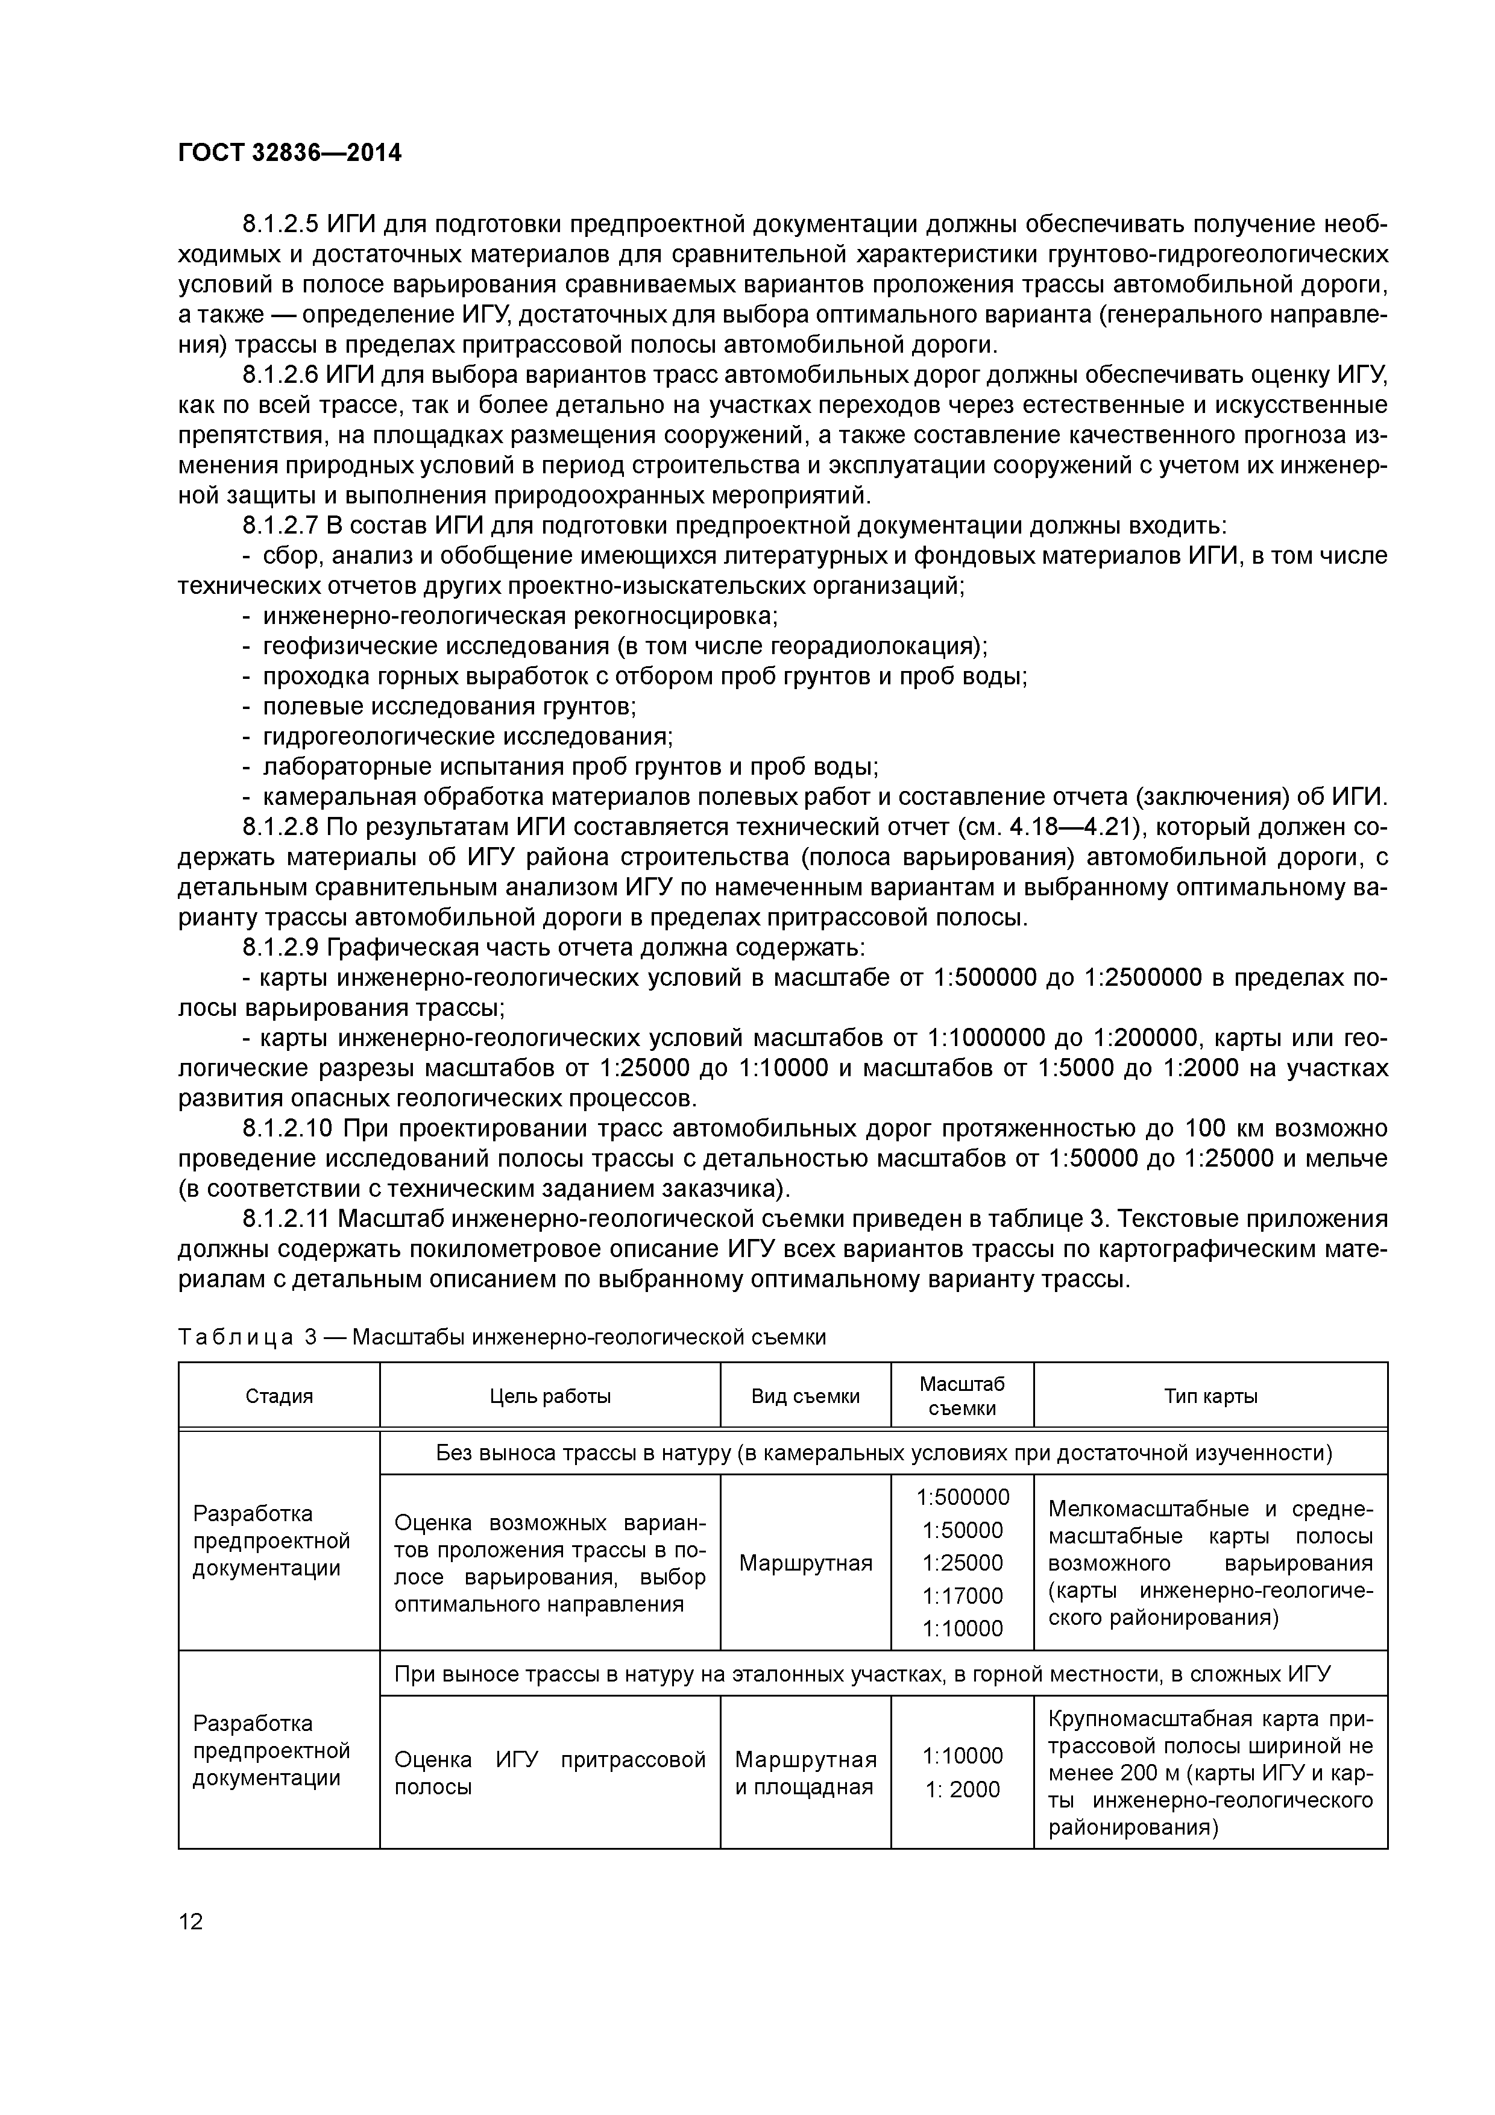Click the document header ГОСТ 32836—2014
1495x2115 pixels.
[289, 154]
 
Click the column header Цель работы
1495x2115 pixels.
[550, 1396]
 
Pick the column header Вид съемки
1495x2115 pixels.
[805, 1396]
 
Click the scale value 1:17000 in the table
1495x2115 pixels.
[963, 1595]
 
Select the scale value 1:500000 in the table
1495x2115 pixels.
[963, 1498]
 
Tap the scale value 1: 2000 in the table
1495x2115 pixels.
[963, 1790]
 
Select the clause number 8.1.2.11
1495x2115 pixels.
[286, 1220]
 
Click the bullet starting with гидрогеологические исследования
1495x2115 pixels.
[468, 737]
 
